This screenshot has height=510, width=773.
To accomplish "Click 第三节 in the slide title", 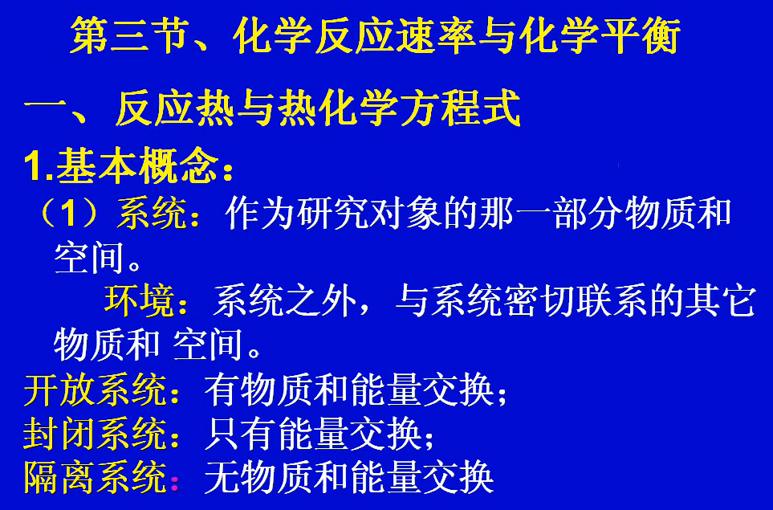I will (x=128, y=37).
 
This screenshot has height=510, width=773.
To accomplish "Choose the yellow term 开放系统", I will (x=93, y=391).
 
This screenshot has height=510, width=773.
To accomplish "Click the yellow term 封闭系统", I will (x=93, y=435).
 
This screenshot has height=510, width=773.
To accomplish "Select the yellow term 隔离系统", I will (x=93, y=479).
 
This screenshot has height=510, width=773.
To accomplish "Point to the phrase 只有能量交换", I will (x=313, y=435).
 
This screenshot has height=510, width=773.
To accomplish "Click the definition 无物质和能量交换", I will (x=348, y=479).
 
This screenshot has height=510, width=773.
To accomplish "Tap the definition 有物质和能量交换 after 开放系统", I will (x=348, y=391).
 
